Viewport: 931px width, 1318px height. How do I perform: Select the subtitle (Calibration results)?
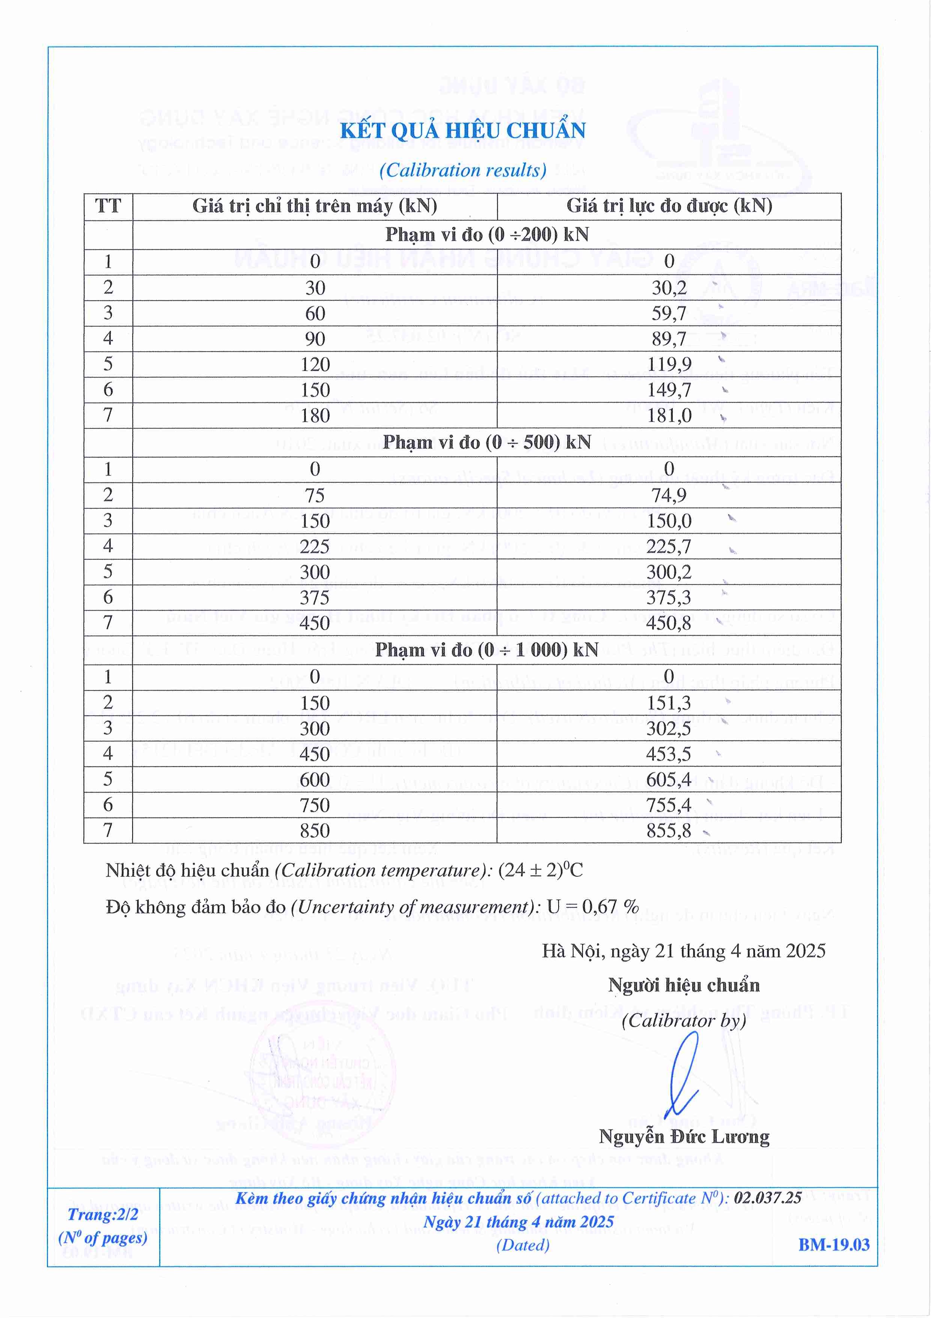462,170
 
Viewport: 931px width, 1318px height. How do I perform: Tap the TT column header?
108,206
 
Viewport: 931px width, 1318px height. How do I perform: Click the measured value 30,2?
669,287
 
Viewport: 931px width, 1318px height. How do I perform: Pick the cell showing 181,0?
669,415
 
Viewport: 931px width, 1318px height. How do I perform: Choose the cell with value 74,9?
669,495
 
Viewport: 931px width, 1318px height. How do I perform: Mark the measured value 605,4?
669,780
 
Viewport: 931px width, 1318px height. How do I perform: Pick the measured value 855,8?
669,831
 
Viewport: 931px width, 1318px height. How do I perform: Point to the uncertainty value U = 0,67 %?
592,907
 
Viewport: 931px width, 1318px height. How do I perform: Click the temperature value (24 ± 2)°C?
540,870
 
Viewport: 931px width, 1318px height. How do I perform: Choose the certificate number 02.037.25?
768,1198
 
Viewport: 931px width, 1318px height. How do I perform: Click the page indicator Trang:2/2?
103,1214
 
